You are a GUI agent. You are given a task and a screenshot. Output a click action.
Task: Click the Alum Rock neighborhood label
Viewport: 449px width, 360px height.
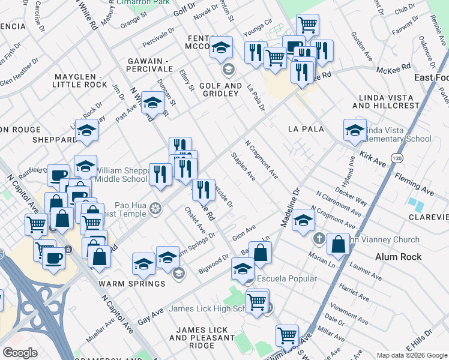pyautogui.click(x=398, y=257)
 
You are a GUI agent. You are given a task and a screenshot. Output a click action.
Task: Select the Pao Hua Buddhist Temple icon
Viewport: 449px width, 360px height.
pyautogui.click(x=156, y=208)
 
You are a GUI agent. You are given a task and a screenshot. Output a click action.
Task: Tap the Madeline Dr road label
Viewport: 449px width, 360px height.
pyautogui.click(x=289, y=209)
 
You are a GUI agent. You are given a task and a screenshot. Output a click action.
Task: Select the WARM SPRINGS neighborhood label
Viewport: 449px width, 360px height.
pyautogui.click(x=124, y=283)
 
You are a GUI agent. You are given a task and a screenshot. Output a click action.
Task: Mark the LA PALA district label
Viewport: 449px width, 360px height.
pyautogui.click(x=306, y=129)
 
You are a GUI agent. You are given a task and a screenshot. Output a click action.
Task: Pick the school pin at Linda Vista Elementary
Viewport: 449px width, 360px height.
pyautogui.click(x=355, y=130)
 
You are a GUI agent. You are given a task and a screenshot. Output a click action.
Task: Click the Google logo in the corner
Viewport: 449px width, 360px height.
pyautogui.click(x=20, y=352)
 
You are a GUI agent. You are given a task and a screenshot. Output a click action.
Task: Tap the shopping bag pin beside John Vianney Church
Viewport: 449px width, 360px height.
pyautogui.click(x=339, y=244)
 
